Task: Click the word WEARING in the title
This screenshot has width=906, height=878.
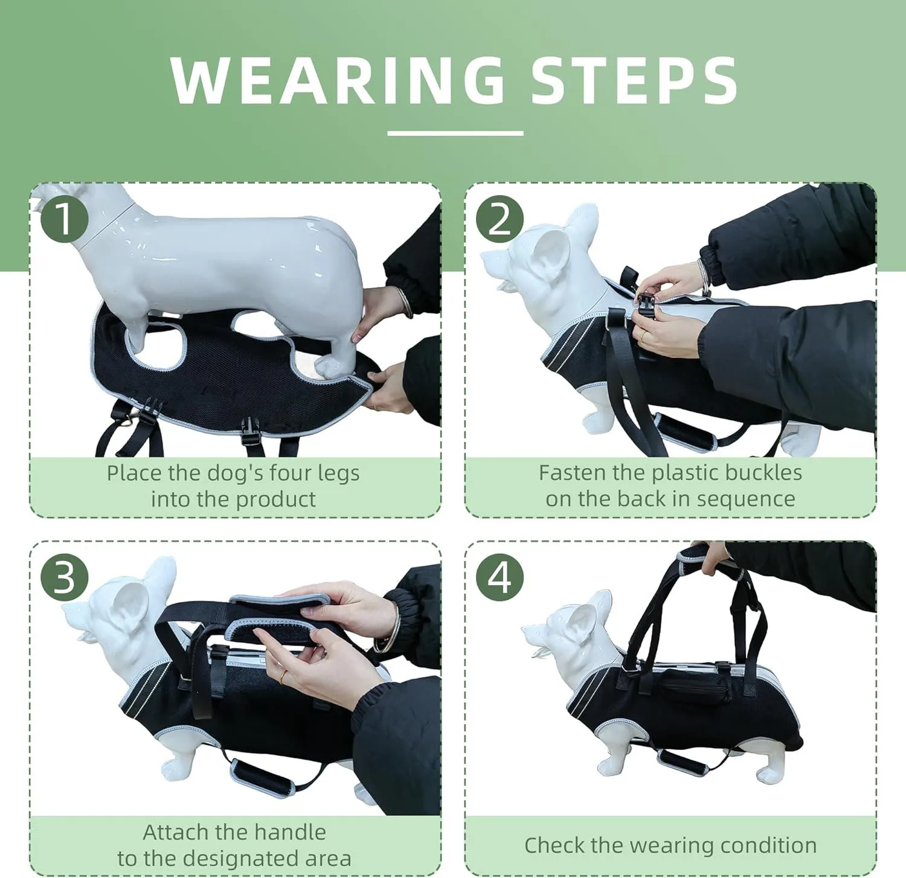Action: (338, 80)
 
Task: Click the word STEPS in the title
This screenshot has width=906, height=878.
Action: (634, 80)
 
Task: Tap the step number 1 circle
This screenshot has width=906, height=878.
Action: (65, 219)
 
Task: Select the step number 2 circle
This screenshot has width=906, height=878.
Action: (500, 219)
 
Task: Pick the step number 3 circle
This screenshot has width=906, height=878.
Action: (65, 578)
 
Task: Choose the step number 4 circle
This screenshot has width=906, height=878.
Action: (500, 578)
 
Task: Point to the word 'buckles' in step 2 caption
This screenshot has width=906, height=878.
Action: (764, 473)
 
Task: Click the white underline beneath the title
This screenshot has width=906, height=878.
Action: (455, 133)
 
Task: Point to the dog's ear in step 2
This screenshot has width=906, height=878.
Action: (552, 254)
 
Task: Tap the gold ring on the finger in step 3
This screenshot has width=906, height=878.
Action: (283, 676)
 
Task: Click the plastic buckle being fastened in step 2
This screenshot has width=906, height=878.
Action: (646, 300)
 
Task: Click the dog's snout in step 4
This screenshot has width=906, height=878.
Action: (535, 637)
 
